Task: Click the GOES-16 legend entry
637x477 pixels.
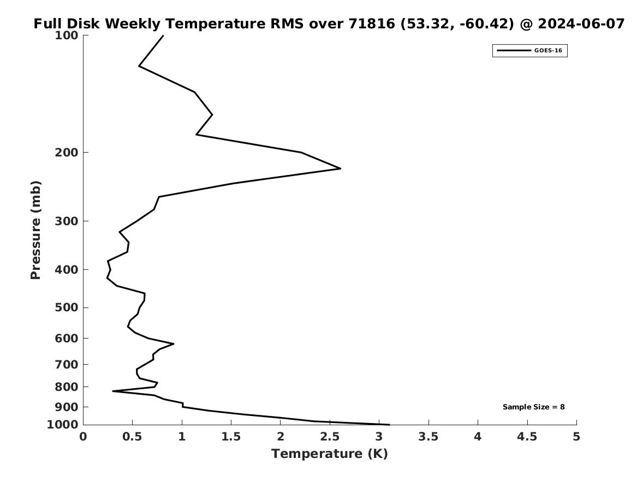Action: [530, 51]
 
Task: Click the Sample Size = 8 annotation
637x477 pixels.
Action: [533, 407]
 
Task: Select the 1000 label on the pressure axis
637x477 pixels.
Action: [63, 425]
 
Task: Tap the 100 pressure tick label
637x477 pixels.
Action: [66, 35]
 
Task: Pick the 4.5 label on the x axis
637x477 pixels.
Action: [527, 437]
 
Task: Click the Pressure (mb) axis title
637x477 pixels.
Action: [35, 230]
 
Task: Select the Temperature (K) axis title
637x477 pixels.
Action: [330, 454]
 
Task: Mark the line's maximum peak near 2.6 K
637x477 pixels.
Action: [341, 168]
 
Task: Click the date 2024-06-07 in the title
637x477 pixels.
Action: [581, 24]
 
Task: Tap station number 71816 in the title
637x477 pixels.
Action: [372, 24]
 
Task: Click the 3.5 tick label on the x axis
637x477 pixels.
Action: [428, 437]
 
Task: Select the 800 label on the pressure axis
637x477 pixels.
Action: [66, 387]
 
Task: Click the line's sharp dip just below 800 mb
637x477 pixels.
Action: [113, 391]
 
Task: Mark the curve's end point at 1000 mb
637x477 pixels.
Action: [389, 425]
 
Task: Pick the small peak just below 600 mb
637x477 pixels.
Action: [174, 344]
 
